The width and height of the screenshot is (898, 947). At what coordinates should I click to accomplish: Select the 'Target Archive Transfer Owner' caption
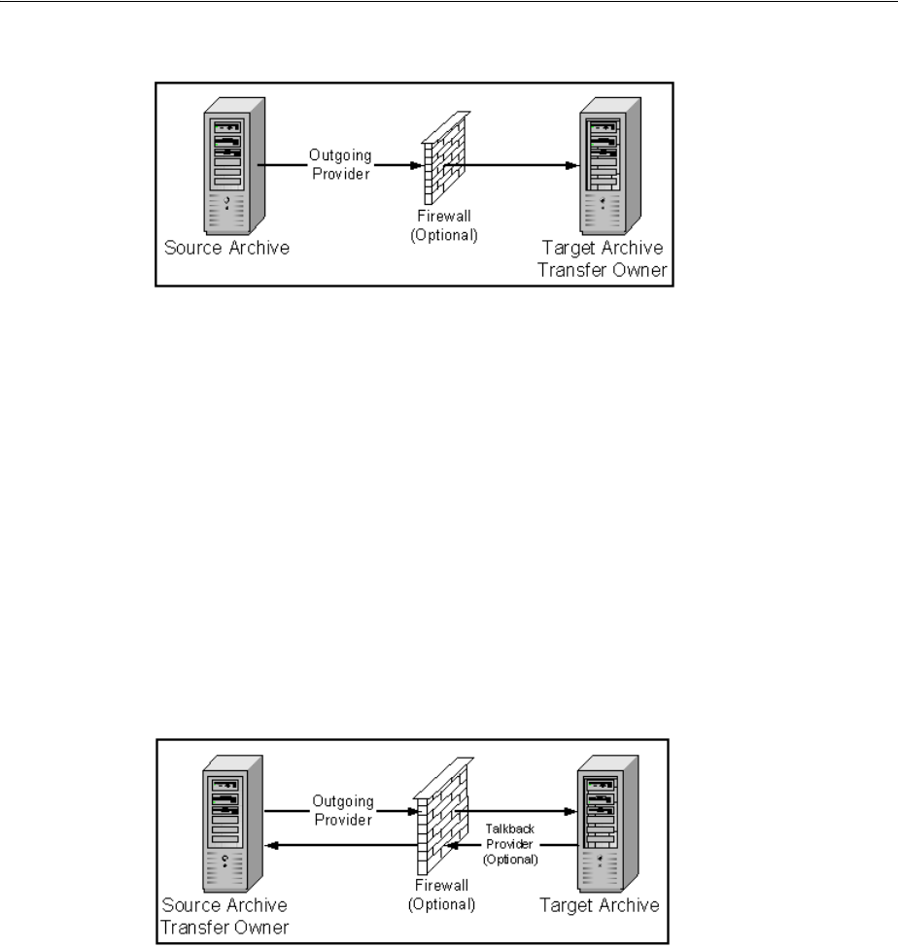[x=609, y=260]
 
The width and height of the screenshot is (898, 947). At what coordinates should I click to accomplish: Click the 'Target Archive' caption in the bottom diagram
[x=598, y=904]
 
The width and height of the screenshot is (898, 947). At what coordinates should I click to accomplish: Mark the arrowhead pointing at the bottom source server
[x=274, y=845]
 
